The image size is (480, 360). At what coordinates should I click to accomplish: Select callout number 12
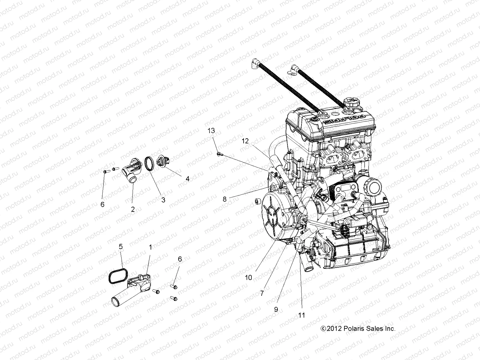click(245, 141)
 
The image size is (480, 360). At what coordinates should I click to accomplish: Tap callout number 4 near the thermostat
click(187, 179)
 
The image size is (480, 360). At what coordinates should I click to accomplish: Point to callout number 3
click(163, 200)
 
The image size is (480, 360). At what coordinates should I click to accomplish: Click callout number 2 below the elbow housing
click(133, 209)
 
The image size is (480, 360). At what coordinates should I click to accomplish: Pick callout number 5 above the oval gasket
click(121, 247)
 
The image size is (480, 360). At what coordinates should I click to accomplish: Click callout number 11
click(301, 315)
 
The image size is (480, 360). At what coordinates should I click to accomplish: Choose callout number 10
click(248, 277)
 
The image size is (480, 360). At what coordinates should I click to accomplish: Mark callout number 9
click(276, 309)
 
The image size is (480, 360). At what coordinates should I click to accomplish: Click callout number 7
click(262, 293)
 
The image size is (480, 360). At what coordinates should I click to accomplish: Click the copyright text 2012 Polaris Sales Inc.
click(358, 328)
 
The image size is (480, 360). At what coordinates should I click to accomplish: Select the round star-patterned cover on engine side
click(274, 212)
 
